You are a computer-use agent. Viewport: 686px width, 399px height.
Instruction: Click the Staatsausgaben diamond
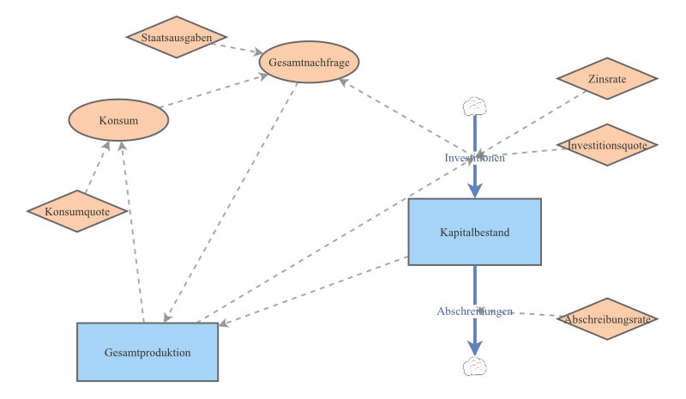177,38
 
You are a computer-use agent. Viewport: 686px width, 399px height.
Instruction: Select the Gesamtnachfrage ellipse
308,63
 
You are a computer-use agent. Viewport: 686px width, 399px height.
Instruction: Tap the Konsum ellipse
118,120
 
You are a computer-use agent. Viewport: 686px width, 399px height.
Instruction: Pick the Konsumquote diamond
77,211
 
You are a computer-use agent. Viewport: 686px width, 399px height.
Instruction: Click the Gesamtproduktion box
147,352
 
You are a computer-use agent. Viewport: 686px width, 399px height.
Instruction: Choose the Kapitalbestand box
474,232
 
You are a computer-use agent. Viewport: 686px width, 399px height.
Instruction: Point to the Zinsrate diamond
607,79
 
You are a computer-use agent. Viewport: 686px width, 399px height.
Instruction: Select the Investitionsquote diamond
607,145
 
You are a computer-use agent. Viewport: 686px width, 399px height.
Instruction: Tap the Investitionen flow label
474,158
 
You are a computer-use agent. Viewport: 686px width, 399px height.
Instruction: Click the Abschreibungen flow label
474,311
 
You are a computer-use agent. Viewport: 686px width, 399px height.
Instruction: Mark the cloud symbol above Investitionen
474,106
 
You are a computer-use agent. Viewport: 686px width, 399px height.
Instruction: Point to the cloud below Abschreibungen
474,366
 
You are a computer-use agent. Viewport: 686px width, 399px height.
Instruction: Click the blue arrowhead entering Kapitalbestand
474,190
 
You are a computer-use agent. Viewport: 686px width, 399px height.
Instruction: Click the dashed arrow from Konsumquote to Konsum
96,167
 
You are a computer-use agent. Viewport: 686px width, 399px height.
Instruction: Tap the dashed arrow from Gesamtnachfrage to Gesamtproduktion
232,202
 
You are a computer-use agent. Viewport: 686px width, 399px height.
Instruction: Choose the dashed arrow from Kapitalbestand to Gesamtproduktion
317,290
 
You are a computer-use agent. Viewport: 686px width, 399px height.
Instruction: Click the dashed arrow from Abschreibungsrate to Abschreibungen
536,314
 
